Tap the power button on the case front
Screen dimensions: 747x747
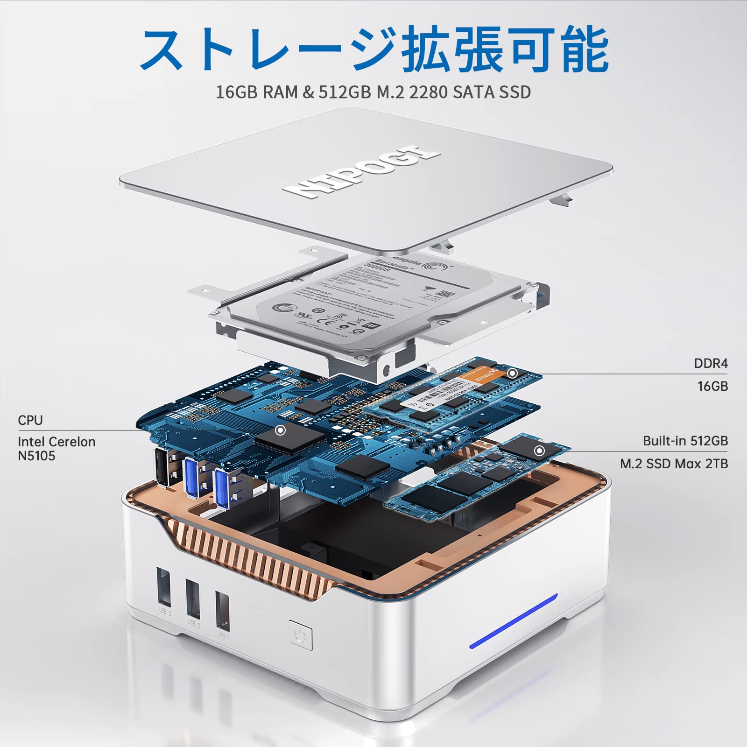[x=301, y=634]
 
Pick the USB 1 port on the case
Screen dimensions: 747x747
[x=223, y=611]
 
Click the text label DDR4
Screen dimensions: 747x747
[x=710, y=364]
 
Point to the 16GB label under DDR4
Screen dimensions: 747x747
[x=712, y=386]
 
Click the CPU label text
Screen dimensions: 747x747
[x=30, y=420]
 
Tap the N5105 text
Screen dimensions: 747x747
[x=36, y=456]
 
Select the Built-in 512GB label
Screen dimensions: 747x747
[x=685, y=441]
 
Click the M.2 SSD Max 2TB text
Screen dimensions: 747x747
[x=674, y=464]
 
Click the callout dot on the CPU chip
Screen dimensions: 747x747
[x=280, y=430]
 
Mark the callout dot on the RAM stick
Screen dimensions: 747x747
[x=512, y=373]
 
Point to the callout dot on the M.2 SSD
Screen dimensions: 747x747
[x=539, y=451]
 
